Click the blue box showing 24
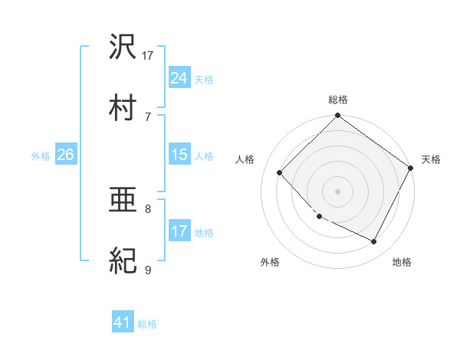[179, 77]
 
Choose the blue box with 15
[179, 155]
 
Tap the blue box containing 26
[65, 155]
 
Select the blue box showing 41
[123, 322]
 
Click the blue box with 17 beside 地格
[179, 231]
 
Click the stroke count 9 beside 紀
[148, 269]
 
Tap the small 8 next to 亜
[148, 208]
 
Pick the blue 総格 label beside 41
[147, 324]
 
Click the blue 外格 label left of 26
[41, 155]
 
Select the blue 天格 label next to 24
[204, 79]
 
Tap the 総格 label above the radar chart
[337, 100]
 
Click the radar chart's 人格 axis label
[245, 159]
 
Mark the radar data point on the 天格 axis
[410, 168]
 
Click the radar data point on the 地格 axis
[374, 242]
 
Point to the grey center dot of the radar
[337, 191]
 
